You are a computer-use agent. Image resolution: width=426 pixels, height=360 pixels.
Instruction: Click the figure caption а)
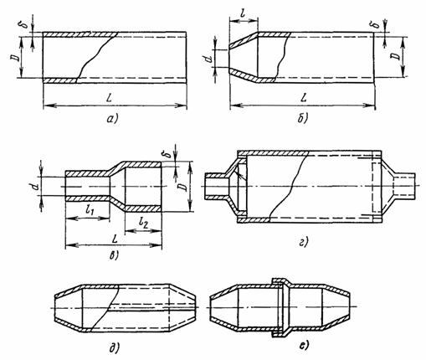[113, 118]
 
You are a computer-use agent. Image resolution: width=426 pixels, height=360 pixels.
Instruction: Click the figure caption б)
[302, 118]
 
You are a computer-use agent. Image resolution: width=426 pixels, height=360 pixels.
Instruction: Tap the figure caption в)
[114, 255]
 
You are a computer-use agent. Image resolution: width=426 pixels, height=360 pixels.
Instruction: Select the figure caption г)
[303, 242]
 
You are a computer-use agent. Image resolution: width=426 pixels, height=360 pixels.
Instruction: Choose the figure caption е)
[304, 346]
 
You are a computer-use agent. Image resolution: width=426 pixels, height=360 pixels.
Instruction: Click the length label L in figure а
[114, 97]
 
